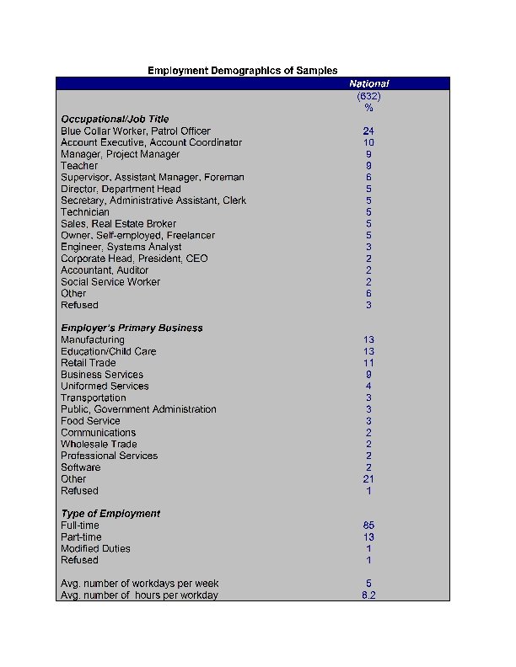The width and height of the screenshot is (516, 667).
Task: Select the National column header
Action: point(368,83)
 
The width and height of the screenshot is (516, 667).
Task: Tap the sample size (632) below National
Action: point(368,96)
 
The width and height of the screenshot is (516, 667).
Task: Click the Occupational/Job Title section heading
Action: point(115,120)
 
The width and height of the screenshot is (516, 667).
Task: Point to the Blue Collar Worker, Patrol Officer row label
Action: point(136,131)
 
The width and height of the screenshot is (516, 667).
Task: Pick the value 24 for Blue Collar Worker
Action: point(368,131)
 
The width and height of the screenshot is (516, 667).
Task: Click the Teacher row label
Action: point(79,166)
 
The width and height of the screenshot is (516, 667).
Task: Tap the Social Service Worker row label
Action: point(110,282)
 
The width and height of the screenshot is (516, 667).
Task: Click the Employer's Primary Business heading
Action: point(132,328)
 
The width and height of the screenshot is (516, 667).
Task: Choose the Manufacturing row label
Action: point(93,340)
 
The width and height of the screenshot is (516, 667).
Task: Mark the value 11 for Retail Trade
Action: point(368,363)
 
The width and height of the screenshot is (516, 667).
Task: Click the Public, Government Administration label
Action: point(138,409)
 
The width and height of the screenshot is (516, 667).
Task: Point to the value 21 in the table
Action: point(368,479)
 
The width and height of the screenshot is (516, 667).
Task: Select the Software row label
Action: point(80,467)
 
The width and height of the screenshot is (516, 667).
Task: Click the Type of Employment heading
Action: point(110,514)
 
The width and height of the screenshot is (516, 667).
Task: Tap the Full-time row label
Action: point(79,526)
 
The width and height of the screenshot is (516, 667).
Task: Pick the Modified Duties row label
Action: point(95,548)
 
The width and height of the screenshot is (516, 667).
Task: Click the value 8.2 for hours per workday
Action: point(368,595)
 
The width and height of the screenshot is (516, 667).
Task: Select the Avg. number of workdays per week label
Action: point(140,584)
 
